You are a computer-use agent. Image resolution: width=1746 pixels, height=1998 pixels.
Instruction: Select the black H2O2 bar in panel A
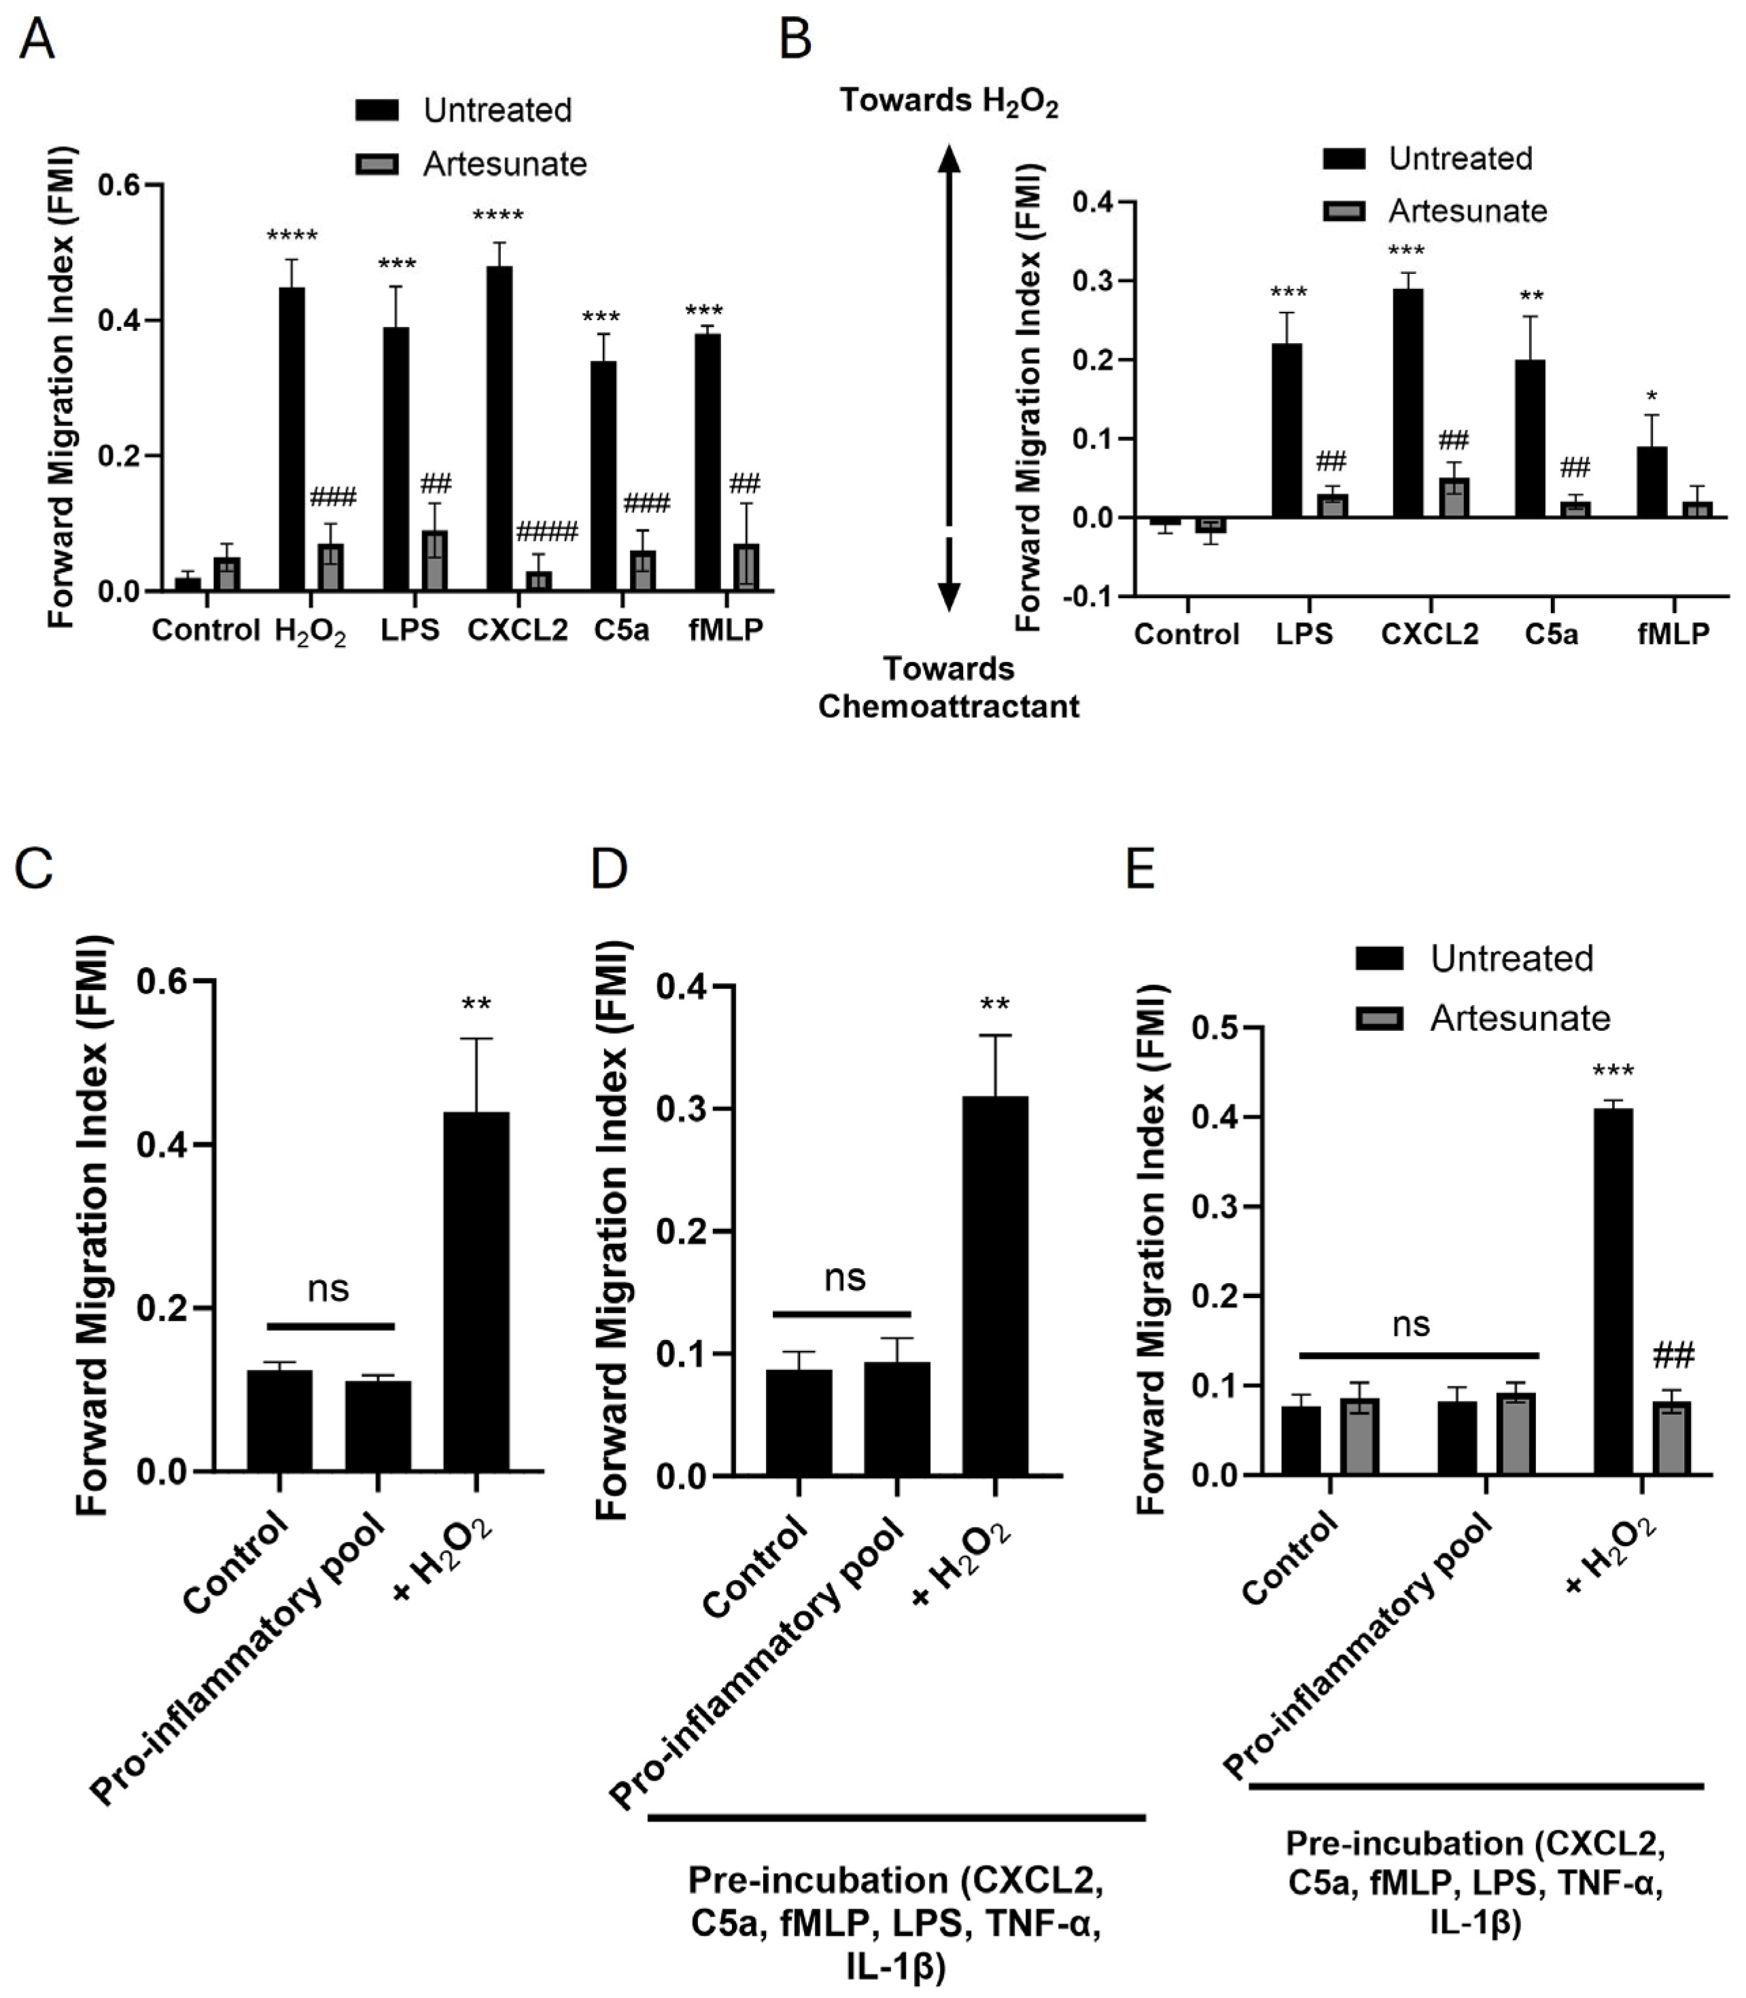coord(292,438)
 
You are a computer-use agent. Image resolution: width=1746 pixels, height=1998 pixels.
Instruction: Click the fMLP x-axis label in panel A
coord(725,630)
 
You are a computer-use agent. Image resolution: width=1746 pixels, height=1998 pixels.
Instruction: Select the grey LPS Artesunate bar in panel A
coord(434,560)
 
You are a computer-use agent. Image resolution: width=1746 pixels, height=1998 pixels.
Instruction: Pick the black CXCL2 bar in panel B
coord(1408,402)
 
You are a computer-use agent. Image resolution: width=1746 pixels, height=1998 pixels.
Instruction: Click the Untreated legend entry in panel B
coord(1459,159)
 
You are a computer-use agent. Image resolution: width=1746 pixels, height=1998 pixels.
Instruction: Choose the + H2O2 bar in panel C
coord(476,1290)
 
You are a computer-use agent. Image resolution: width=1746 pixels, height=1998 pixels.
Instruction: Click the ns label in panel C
coord(328,1289)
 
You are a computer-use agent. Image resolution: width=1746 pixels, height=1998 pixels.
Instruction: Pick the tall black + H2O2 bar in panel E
coord(1613,1290)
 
